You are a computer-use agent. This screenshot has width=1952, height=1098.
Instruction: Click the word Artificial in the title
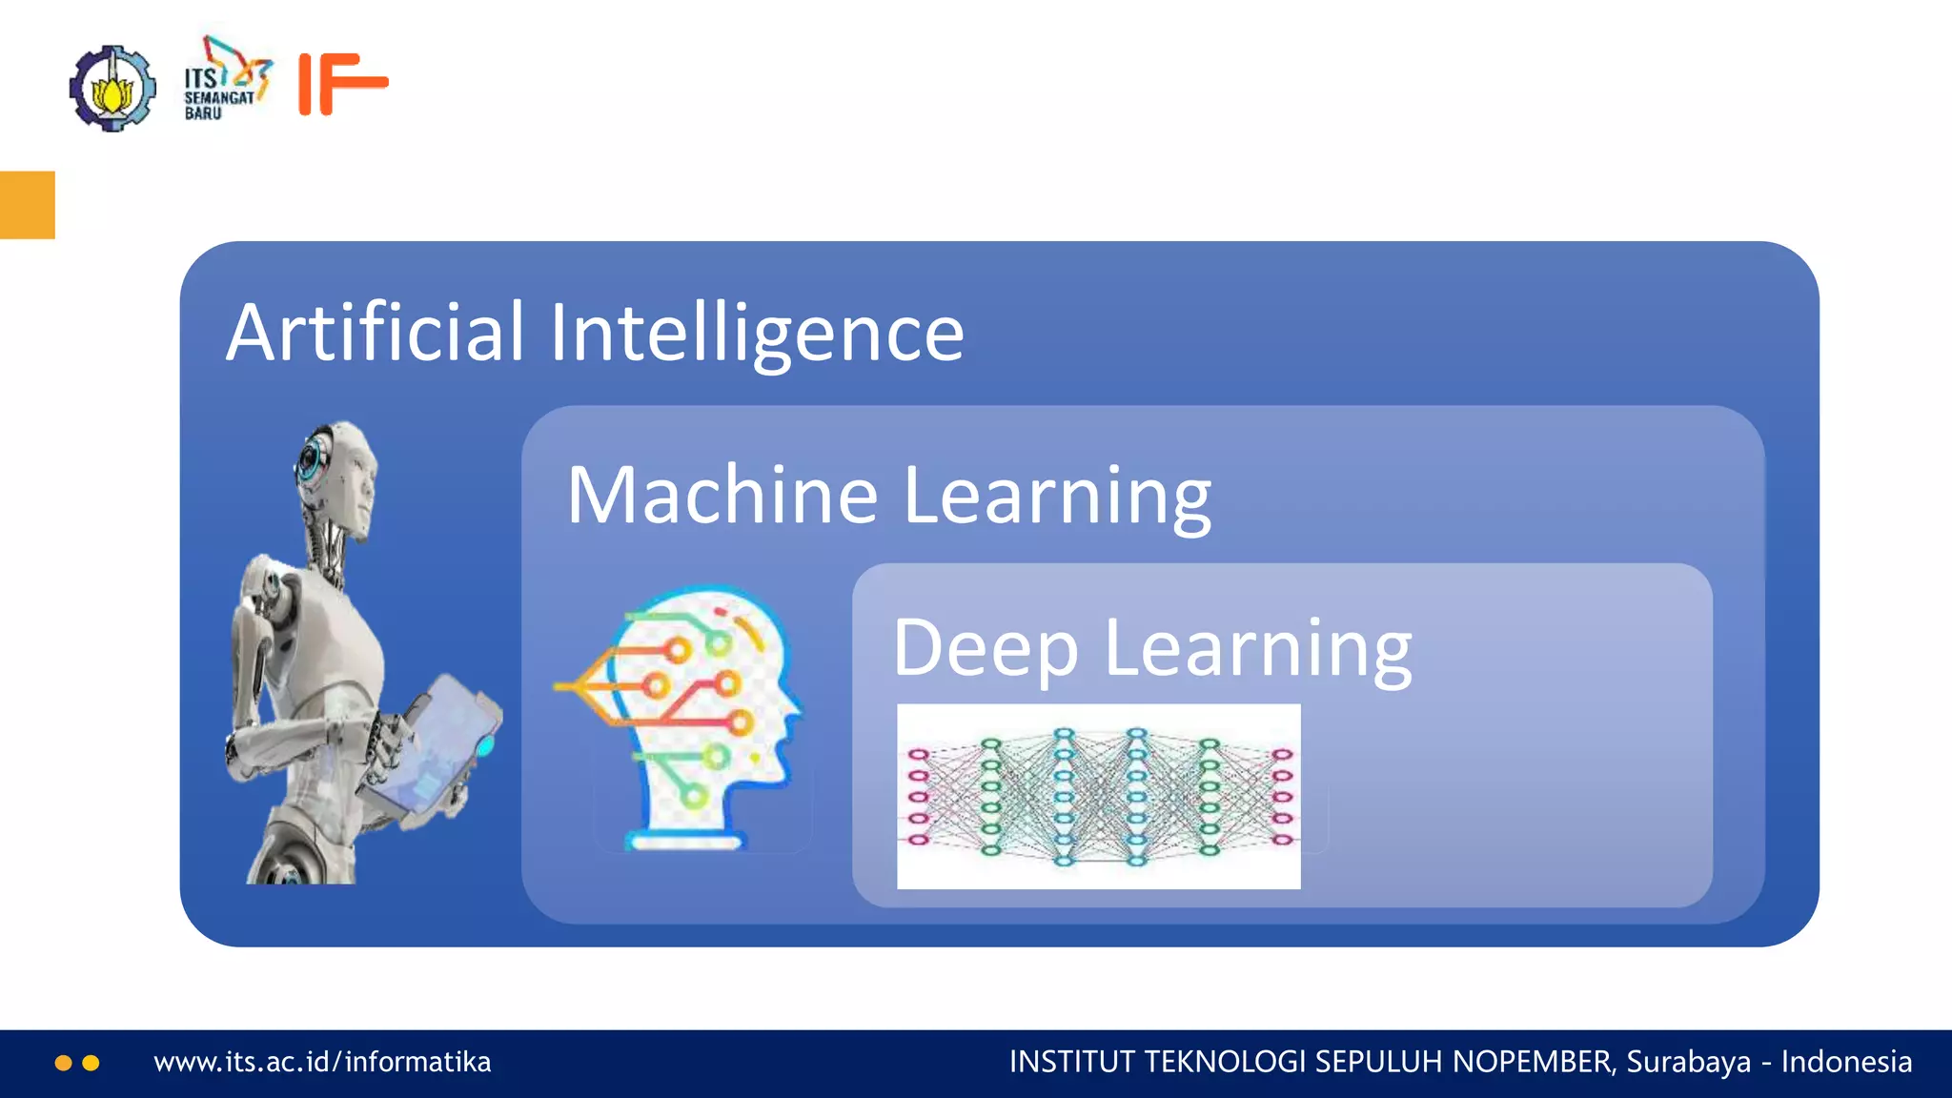pyautogui.click(x=375, y=333)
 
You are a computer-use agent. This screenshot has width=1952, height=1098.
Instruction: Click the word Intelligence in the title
pyautogui.click(x=757, y=333)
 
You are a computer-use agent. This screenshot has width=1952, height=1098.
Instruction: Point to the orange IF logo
pyautogui.click(x=342, y=84)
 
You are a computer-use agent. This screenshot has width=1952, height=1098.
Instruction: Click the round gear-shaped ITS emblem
pyautogui.click(x=112, y=88)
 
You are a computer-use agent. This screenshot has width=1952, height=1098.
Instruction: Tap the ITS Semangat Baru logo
pyautogui.click(x=227, y=80)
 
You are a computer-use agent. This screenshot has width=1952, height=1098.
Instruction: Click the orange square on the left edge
pyautogui.click(x=27, y=205)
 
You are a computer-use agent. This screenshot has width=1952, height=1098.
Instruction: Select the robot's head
pyautogui.click(x=336, y=477)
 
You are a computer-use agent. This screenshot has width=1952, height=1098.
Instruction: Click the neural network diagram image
pyautogui.click(x=1098, y=797)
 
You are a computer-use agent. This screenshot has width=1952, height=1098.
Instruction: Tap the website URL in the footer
pyautogui.click(x=322, y=1062)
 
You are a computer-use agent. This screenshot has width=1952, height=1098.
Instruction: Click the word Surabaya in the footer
pyautogui.click(x=1688, y=1062)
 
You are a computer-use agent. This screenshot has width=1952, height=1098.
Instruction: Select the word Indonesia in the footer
pyautogui.click(x=1846, y=1062)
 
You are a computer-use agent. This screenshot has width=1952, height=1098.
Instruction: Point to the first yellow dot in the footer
pyautogui.click(x=64, y=1063)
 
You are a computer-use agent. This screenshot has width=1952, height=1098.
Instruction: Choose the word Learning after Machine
pyautogui.click(x=1057, y=496)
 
